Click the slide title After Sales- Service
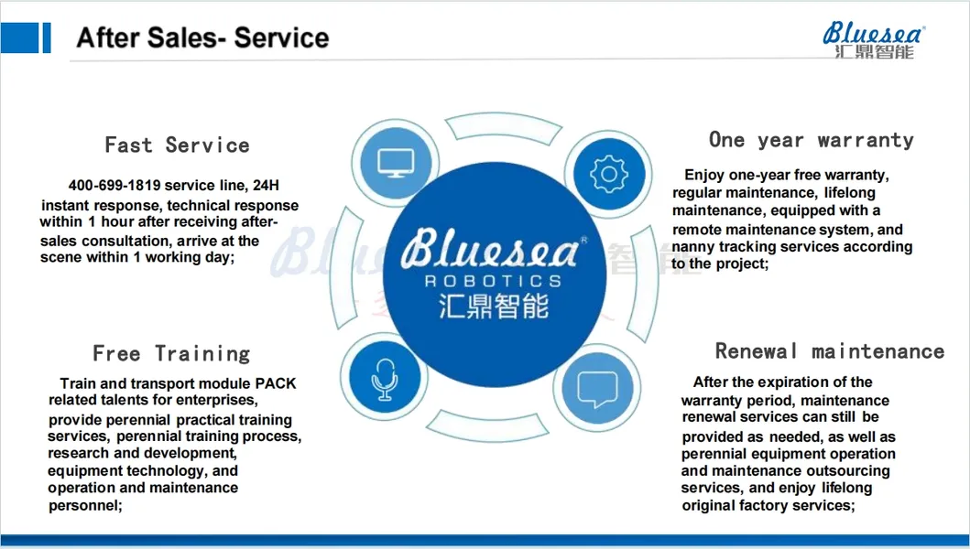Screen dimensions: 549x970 click(202, 38)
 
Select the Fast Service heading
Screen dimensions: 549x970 click(177, 145)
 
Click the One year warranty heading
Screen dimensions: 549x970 click(811, 140)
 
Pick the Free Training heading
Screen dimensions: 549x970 click(171, 354)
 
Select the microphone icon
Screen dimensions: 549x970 click(384, 378)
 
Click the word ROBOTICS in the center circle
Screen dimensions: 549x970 click(493, 281)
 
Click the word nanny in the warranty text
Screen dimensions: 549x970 click(693, 247)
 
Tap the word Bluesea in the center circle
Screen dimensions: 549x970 click(492, 249)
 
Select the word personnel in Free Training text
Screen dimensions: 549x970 click(84, 505)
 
